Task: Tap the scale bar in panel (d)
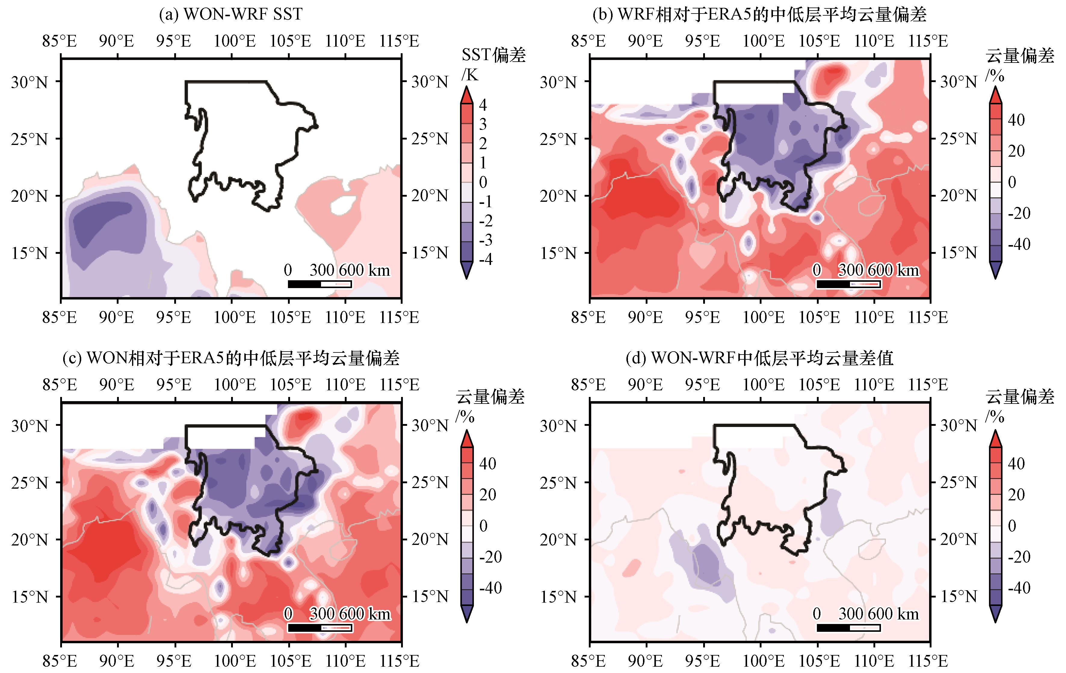(x=848, y=627)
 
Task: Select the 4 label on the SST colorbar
(x=483, y=105)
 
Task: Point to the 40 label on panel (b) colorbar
(x=1016, y=120)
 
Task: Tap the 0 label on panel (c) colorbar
(x=484, y=526)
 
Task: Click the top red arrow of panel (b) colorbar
(x=995, y=95)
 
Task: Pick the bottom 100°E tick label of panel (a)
(x=235, y=317)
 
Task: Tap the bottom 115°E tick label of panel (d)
(x=928, y=661)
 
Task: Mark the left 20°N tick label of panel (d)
(x=558, y=539)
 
